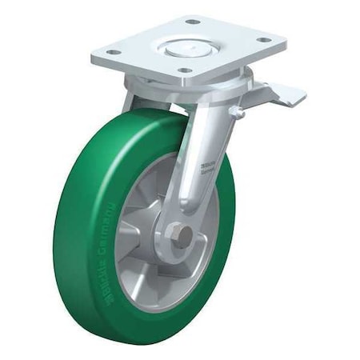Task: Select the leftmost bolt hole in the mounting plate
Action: tap(113, 52)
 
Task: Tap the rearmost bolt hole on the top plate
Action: tap(192, 21)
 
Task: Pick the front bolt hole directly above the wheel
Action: tap(186, 70)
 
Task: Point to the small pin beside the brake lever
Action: tap(238, 113)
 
